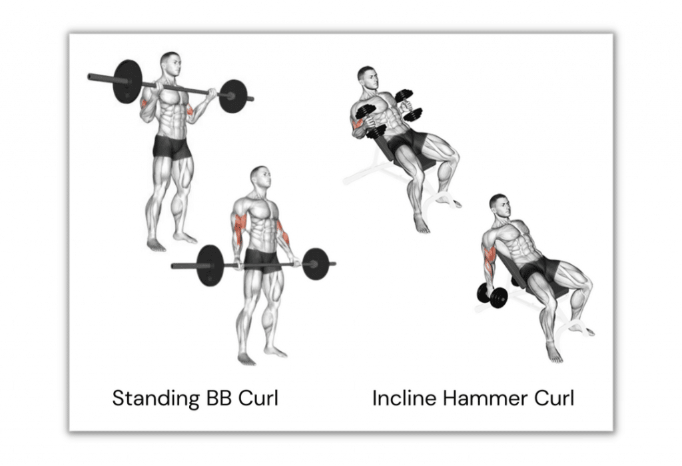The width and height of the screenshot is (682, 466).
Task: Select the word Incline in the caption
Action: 401,399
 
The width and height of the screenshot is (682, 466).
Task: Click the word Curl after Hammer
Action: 551,399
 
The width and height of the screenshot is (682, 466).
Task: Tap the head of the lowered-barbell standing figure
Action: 260,178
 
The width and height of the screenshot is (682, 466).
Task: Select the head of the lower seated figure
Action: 498,206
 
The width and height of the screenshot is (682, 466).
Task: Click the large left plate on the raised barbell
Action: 127,82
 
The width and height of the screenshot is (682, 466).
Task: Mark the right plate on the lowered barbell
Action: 315,263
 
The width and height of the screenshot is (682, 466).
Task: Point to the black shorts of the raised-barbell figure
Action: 172,146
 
